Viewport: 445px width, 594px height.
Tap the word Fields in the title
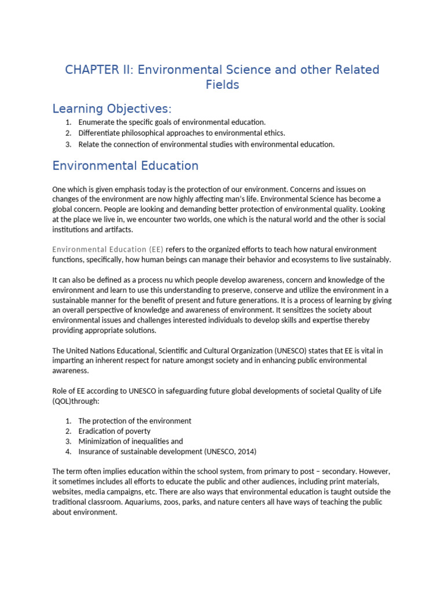(x=222, y=85)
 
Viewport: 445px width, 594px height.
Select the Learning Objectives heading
(x=112, y=109)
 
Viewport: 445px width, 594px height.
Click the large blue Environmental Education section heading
(x=125, y=166)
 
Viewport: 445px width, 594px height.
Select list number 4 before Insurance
(x=68, y=452)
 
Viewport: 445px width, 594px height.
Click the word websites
(x=67, y=492)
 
